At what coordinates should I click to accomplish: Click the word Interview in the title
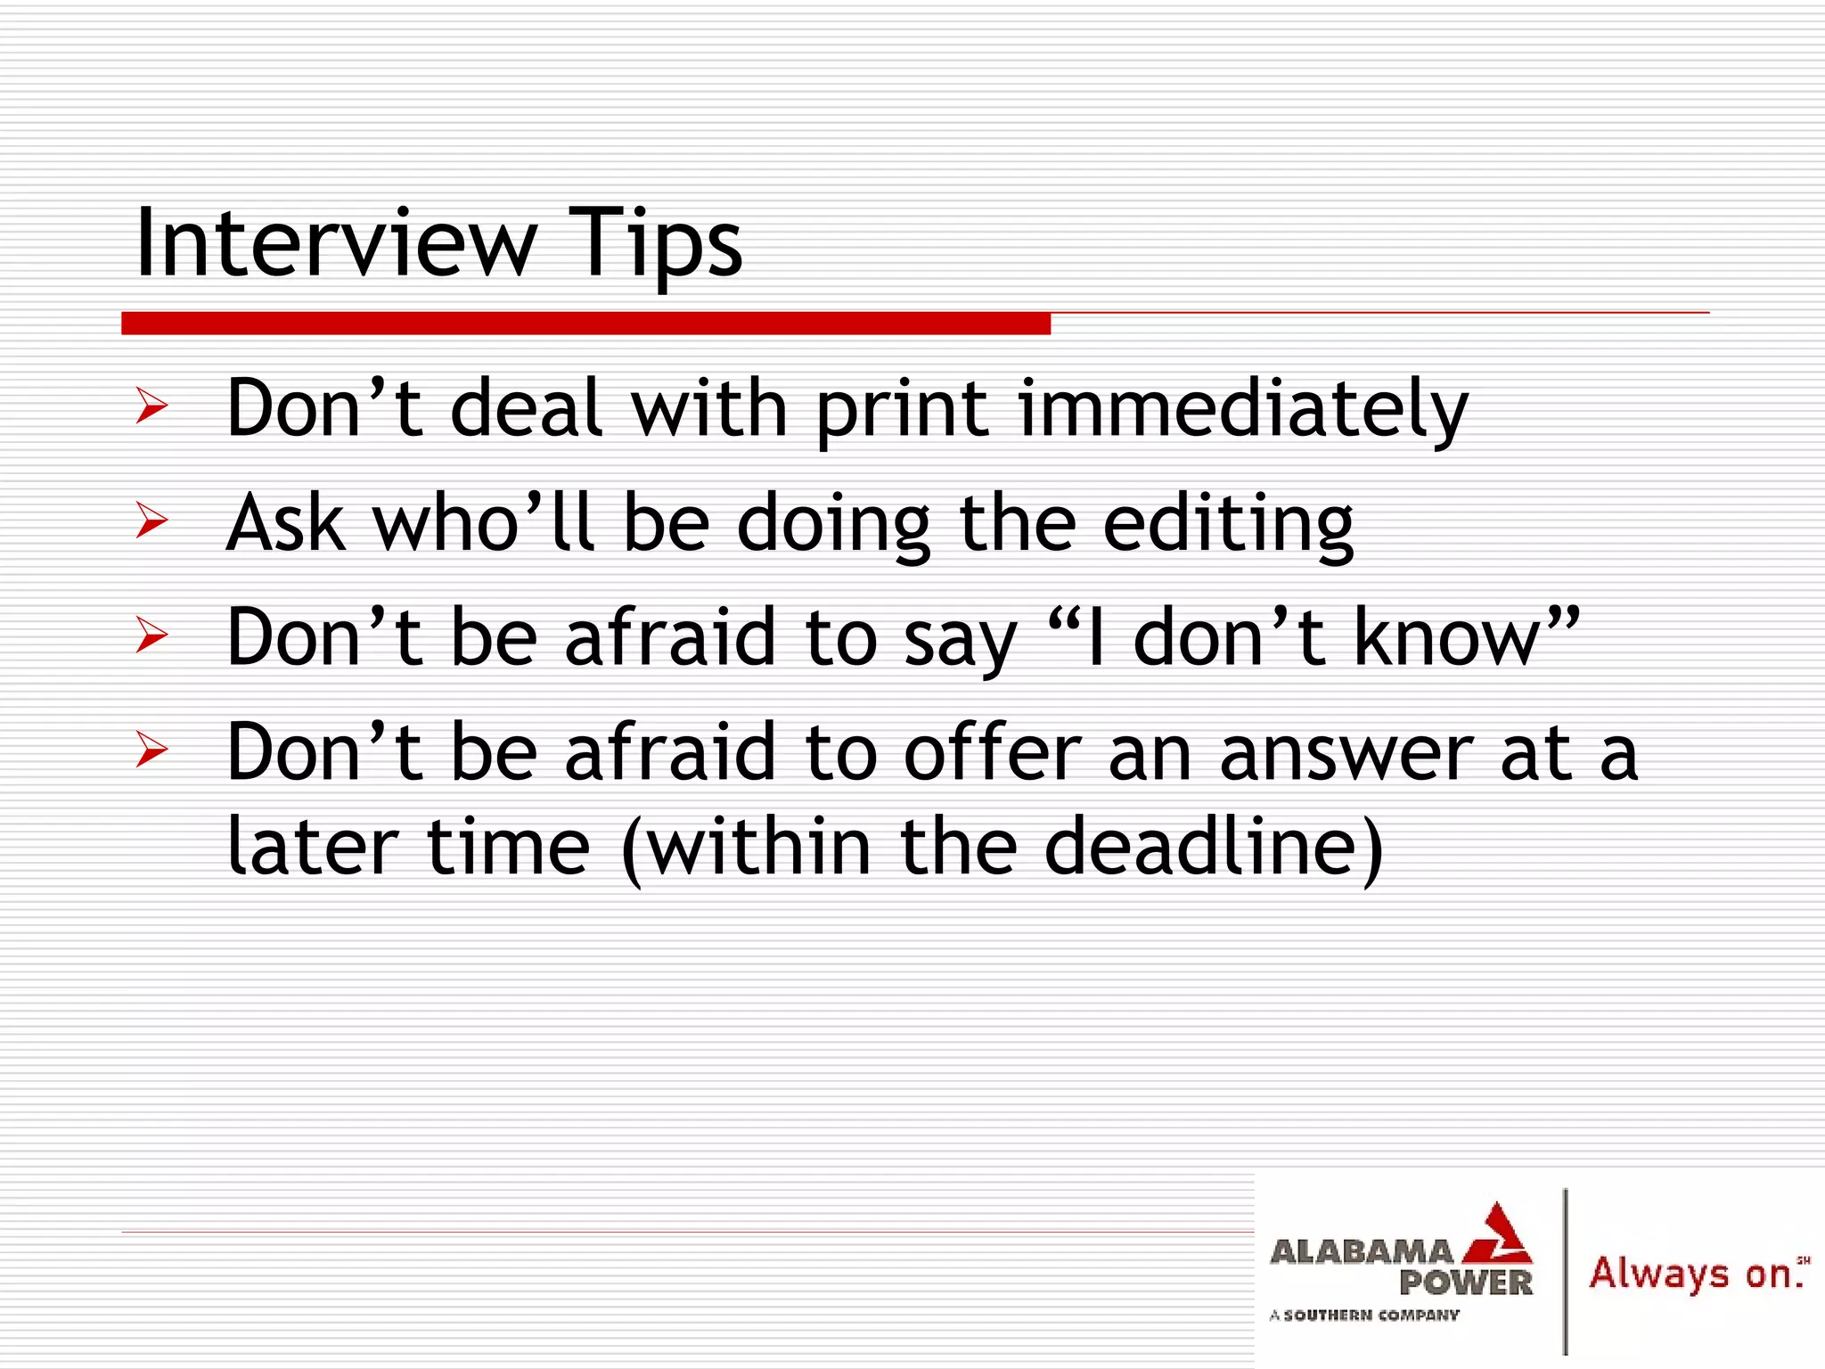(335, 242)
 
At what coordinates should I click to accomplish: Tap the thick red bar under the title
(585, 323)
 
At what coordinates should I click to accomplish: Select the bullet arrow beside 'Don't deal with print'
(151, 406)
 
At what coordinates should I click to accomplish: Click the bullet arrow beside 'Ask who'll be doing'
(151, 521)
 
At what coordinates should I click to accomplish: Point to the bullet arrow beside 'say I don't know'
(151, 635)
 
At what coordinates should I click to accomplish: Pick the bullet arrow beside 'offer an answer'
(151, 750)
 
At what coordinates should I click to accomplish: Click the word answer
(1345, 754)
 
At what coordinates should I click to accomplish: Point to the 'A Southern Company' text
(1364, 1315)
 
